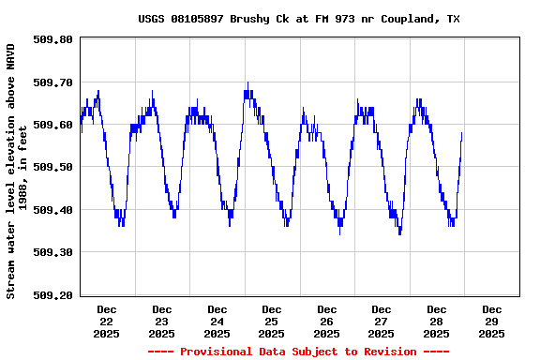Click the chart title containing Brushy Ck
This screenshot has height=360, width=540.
tap(298, 19)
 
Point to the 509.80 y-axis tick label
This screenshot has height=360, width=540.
tap(52, 39)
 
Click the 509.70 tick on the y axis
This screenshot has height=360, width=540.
tap(52, 82)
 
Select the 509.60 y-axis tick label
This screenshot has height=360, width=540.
tap(52, 125)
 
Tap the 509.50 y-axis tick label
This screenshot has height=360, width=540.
tap(52, 167)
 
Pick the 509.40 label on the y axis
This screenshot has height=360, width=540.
tap(52, 210)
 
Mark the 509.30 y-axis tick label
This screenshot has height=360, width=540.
tap(52, 252)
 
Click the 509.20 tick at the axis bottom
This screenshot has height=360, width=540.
tap(52, 294)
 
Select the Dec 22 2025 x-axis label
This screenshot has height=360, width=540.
tap(107, 321)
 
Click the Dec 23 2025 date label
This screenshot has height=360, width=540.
tap(161, 321)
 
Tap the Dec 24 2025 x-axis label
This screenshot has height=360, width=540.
tap(217, 321)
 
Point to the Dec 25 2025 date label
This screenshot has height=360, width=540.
tap(272, 321)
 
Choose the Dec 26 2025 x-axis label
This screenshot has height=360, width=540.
tap(326, 321)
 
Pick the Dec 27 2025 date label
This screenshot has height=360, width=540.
tap(382, 321)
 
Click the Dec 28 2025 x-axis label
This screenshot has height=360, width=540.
tap(436, 321)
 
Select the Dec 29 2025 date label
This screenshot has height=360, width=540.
tap(491, 321)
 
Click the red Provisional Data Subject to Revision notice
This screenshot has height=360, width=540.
tap(298, 352)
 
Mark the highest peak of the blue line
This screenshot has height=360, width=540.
tap(247, 83)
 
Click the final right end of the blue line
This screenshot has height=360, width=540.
tap(462, 133)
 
